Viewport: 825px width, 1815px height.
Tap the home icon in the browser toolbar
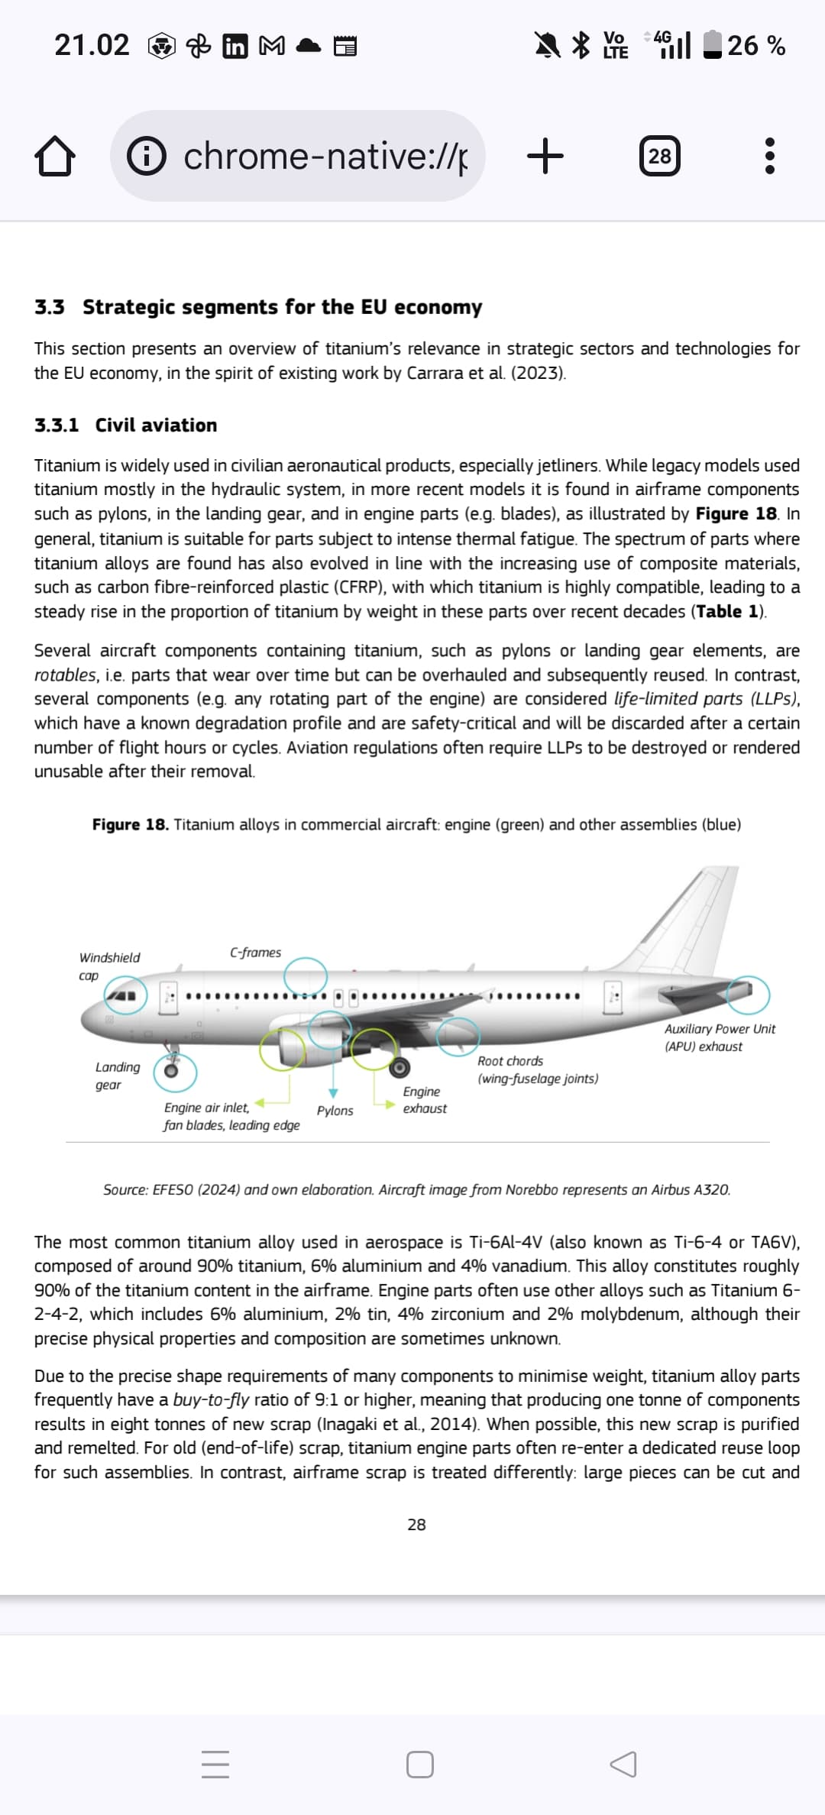click(x=55, y=157)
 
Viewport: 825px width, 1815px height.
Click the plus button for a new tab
click(x=545, y=157)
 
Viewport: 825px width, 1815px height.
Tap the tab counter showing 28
click(x=659, y=157)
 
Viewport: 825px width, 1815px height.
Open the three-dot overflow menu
click(x=769, y=157)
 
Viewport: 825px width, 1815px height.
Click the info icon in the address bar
click(x=146, y=157)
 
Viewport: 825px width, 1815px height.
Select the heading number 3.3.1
click(x=57, y=425)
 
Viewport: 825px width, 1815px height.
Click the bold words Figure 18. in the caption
click(x=131, y=825)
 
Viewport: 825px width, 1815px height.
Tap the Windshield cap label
click(x=109, y=966)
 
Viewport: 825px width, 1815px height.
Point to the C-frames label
click(x=255, y=953)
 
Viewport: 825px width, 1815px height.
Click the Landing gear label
click(x=118, y=1076)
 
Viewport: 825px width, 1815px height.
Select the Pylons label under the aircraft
click(x=335, y=1111)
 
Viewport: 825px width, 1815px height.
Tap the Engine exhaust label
click(x=425, y=1100)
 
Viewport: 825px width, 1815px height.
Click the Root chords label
click(x=510, y=1061)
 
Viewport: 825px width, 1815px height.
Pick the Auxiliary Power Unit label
click(x=720, y=1029)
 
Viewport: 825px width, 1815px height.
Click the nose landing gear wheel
click(x=173, y=1070)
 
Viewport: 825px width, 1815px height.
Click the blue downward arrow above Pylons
click(x=333, y=1093)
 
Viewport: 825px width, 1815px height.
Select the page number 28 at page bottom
click(x=416, y=1525)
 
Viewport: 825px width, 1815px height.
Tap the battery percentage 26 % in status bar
click(x=755, y=46)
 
